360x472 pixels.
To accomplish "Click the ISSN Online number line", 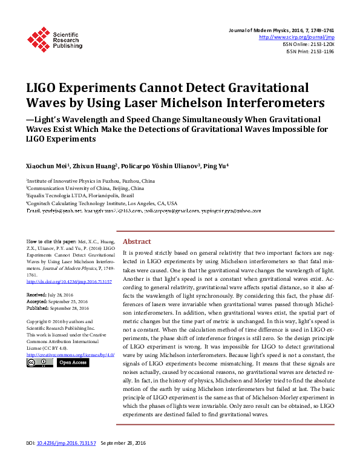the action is (x=309, y=45).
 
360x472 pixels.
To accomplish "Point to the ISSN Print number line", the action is (x=310, y=52).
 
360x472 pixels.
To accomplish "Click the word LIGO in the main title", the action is (x=45, y=88).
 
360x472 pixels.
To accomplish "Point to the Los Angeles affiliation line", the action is (x=102, y=203).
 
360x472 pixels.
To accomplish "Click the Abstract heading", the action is (x=138, y=240).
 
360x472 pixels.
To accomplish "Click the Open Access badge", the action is (x=73, y=362).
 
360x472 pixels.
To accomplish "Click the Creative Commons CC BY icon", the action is (x=40, y=362).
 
